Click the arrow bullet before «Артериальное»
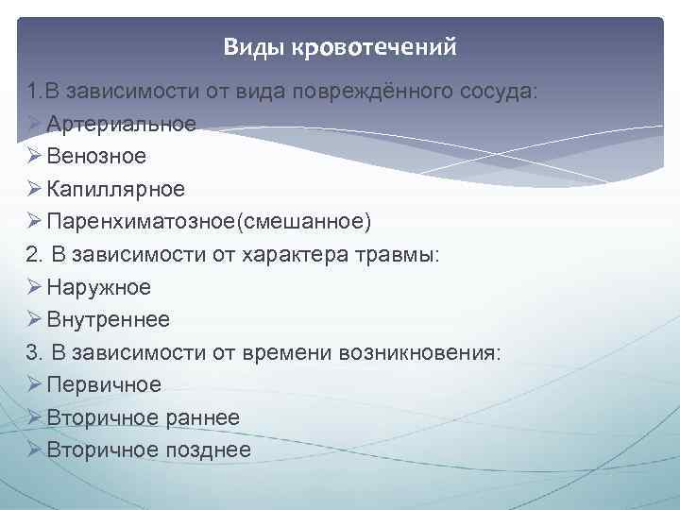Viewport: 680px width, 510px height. (34, 124)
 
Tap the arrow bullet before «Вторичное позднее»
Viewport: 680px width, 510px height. (34, 450)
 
